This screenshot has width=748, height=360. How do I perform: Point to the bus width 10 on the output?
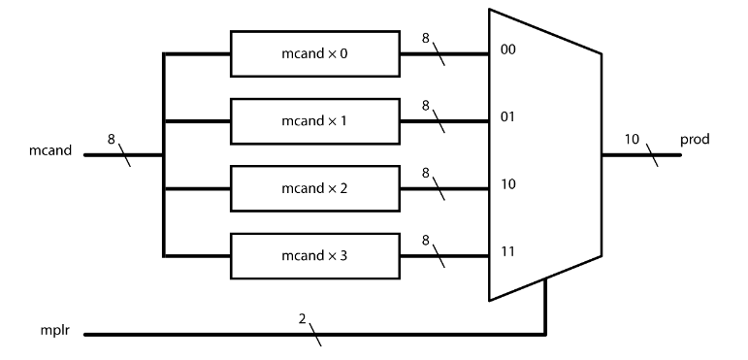pos(632,140)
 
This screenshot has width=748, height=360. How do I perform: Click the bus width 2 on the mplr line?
pos(302,319)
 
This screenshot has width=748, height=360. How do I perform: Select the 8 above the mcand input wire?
pos(111,140)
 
